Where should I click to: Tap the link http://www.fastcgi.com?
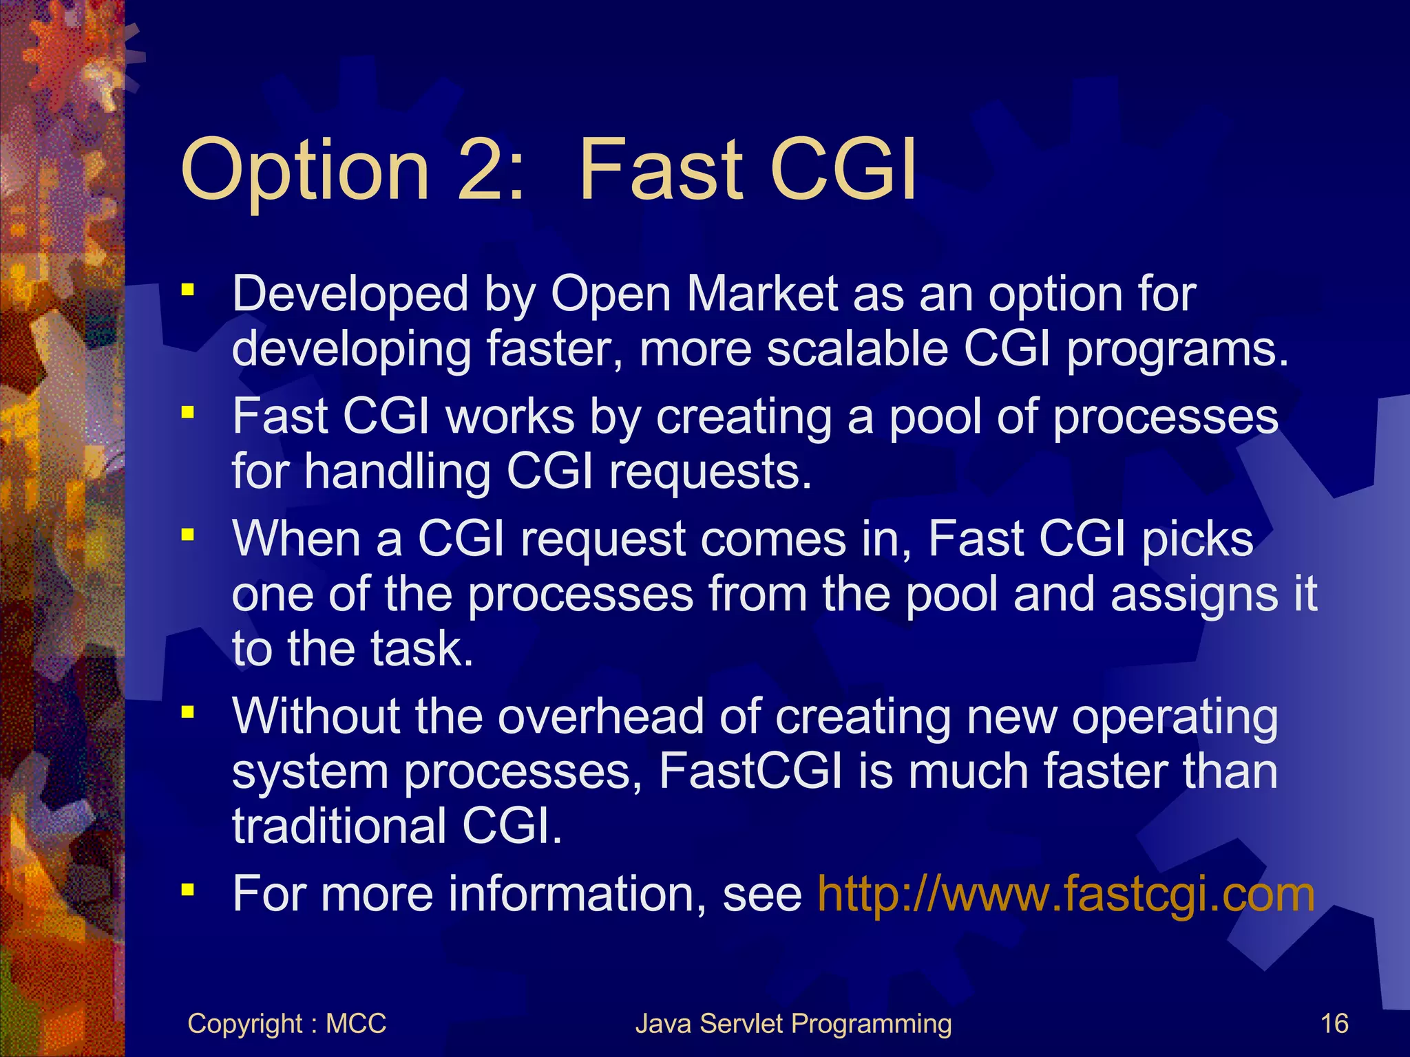point(1066,894)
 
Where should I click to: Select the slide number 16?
point(1334,1023)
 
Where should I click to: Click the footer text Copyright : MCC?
point(286,1023)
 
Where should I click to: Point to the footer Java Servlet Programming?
point(793,1023)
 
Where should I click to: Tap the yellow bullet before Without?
point(188,712)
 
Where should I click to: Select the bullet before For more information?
point(188,890)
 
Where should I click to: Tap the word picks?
point(1197,539)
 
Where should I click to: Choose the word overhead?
point(600,716)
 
